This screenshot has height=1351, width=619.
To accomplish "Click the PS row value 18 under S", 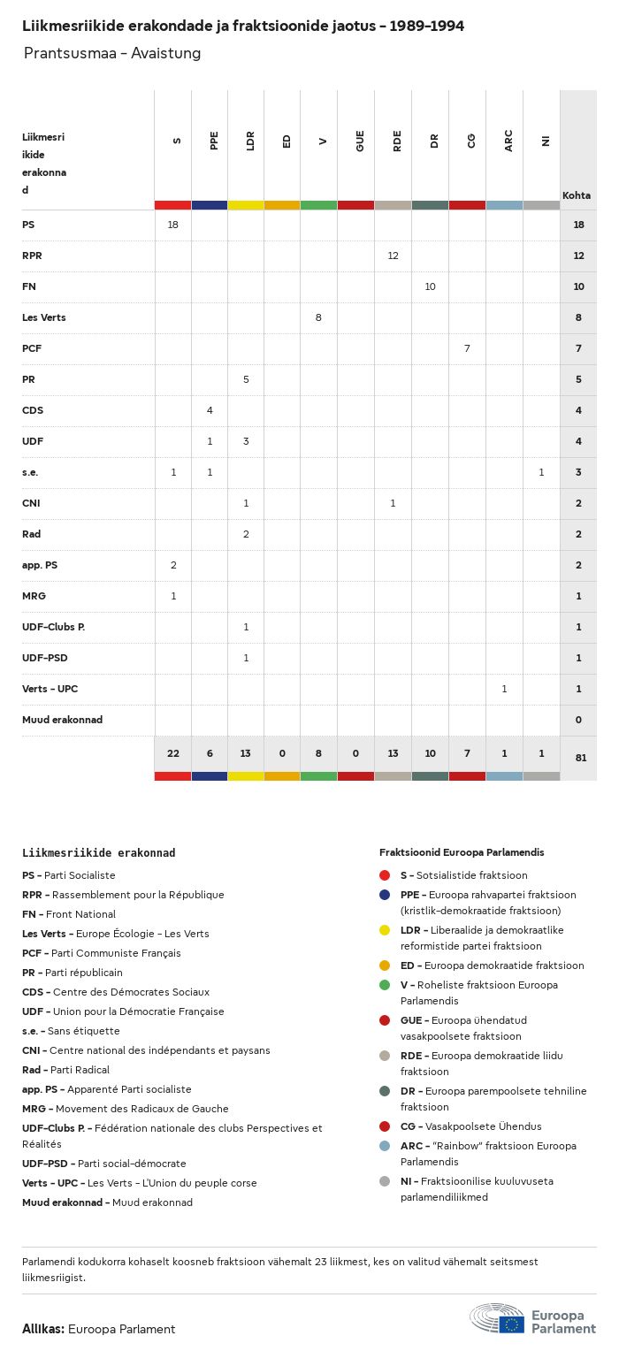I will (172, 225).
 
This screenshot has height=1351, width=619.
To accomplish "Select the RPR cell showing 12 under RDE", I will (394, 256).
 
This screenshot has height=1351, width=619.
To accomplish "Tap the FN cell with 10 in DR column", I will (430, 286).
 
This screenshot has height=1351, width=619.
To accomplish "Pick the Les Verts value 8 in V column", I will (318, 317).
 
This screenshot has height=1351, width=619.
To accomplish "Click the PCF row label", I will (32, 348).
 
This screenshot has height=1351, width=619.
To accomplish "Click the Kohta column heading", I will (577, 195).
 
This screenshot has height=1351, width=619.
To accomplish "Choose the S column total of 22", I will (172, 753).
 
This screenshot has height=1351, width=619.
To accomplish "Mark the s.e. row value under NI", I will (541, 472).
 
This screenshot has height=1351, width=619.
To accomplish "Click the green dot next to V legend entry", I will (384, 985).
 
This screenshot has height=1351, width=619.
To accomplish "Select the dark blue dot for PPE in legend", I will (384, 895).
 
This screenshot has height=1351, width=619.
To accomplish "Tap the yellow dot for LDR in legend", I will (384, 930).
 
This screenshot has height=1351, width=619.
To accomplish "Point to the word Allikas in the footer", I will (42, 1329).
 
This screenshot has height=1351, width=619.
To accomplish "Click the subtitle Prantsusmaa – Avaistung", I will (112, 53).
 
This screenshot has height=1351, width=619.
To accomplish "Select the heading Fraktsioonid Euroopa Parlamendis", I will (462, 852).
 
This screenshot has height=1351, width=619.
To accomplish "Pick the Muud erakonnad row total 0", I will (578, 720).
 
